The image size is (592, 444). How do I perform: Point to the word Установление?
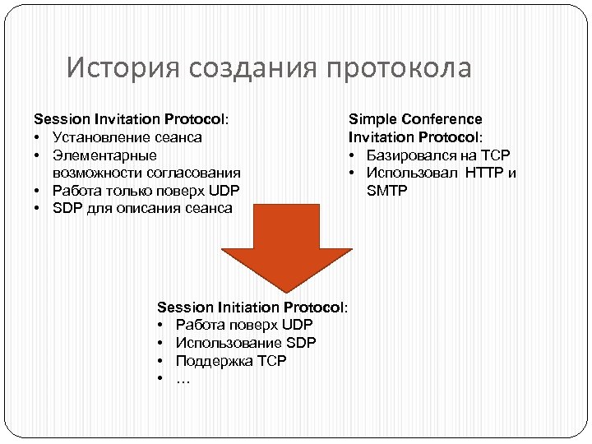point(103,137)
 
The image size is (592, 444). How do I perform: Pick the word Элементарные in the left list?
point(104,155)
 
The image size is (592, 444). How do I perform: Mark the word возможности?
point(93,173)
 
